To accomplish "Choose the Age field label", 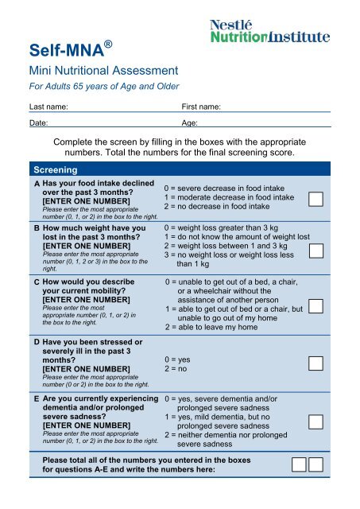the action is (190, 124).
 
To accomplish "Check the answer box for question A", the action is (315, 198).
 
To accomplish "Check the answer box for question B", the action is (315, 251).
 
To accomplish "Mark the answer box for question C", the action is (315, 305).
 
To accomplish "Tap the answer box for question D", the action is (315, 363).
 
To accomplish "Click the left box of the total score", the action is (299, 464).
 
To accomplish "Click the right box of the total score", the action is (315, 464).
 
